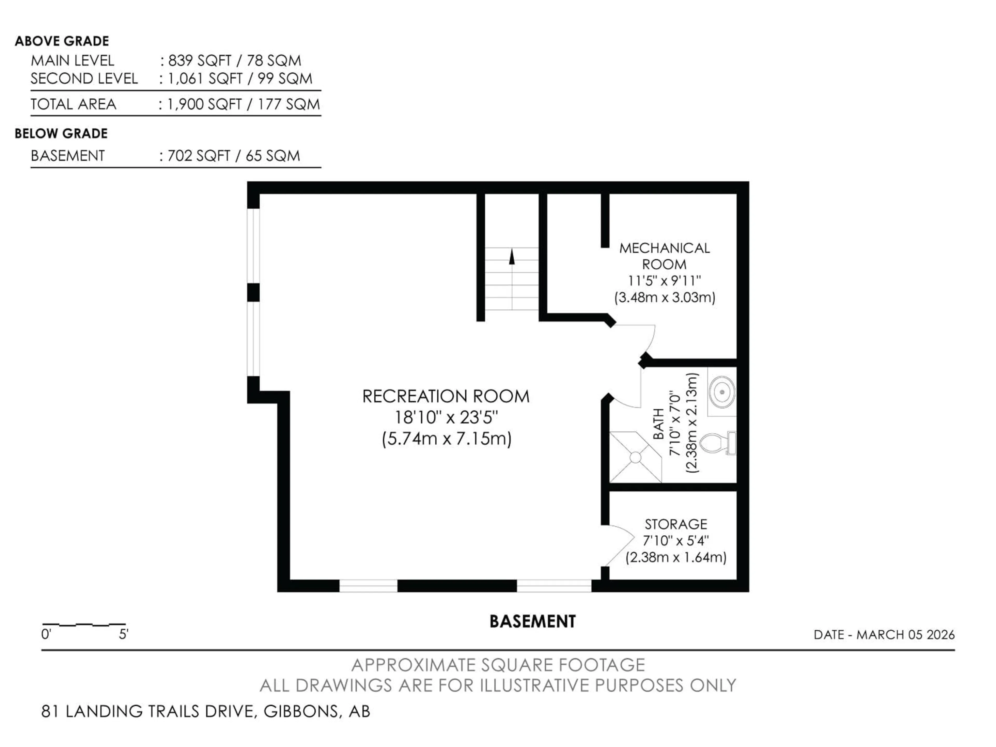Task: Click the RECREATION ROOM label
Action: click(446, 397)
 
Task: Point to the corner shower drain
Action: click(635, 458)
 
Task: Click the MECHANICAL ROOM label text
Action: click(664, 256)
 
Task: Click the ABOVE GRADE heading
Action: click(62, 41)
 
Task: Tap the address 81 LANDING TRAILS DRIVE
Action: click(149, 711)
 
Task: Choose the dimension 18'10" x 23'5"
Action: click(446, 417)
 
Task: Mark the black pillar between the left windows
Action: click(253, 292)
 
